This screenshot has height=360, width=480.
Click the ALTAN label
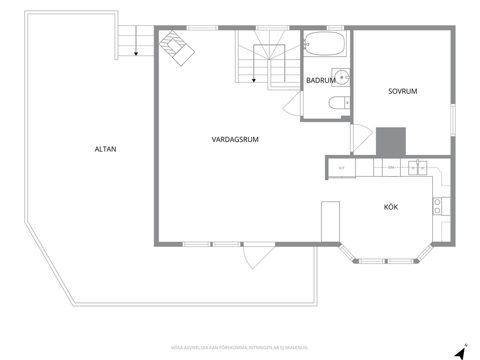click(105, 149)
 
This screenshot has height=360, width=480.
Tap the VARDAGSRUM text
click(235, 139)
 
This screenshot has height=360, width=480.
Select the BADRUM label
click(321, 80)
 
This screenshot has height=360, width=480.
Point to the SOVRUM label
click(403, 91)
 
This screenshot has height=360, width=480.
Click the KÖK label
click(391, 207)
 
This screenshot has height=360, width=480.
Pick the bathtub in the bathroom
click(325, 44)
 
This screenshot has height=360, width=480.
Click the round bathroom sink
click(341, 77)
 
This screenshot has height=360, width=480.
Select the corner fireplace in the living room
click(177, 48)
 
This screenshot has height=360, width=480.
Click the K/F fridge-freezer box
click(342, 168)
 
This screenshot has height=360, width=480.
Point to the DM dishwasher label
click(391, 167)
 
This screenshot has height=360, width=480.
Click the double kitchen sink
click(418, 168)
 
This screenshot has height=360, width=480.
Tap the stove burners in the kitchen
click(437, 206)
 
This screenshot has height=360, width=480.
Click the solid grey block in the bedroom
click(391, 141)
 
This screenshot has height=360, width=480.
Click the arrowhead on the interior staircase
click(254, 81)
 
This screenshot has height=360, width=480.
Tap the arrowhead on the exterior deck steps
click(136, 54)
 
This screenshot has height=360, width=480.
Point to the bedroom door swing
click(361, 138)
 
